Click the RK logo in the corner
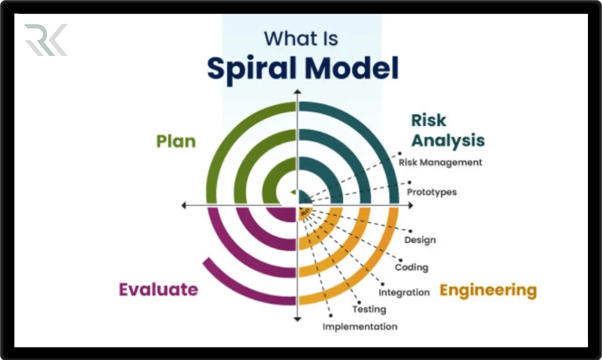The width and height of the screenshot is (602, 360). pos(45,40)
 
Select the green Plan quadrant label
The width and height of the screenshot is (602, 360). pos(176,141)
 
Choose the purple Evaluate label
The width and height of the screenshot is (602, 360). pos(158,289)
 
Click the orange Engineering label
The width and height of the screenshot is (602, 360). pos(488,289)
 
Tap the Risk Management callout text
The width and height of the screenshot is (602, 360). pos(440,162)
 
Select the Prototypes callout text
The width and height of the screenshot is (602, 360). pos(432,192)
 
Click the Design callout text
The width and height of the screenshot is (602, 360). pos(420,240)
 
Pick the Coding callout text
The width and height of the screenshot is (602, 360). pos(412,267)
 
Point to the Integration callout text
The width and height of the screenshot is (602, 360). pos(404,292)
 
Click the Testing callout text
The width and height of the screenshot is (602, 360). pos(369,309)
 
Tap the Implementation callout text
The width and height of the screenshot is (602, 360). pos(360,326)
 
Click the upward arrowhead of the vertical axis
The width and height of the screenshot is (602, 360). pos(297,92)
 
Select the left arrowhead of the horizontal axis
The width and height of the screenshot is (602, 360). pos(184,205)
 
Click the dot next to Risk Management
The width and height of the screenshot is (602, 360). pos(400,153)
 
